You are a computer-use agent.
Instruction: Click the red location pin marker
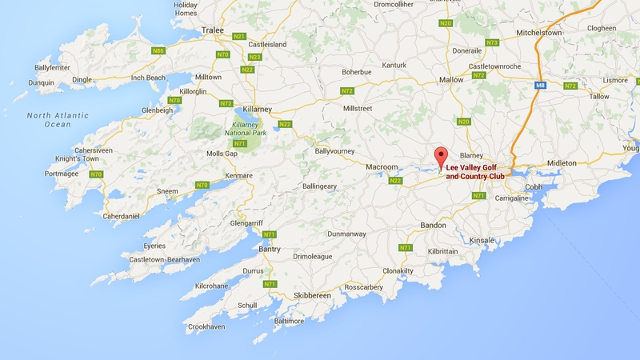(x=438, y=157)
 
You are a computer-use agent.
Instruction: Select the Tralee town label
(x=212, y=30)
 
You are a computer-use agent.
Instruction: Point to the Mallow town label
(x=451, y=80)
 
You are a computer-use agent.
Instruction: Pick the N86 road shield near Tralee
(x=159, y=50)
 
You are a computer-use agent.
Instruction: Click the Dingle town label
(x=82, y=79)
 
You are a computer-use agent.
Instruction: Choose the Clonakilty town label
(x=420, y=271)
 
